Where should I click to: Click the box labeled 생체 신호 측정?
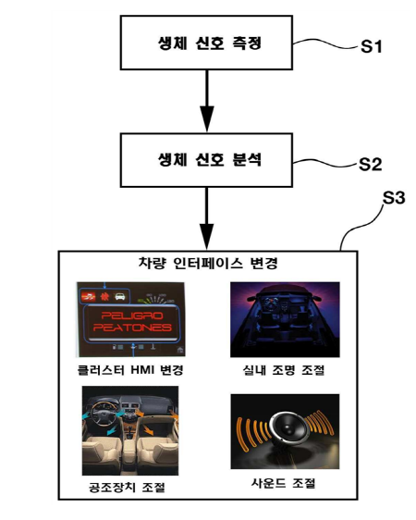click(206, 43)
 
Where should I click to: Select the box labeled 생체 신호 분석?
click(206, 160)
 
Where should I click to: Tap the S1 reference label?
click(371, 46)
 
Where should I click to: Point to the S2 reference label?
click(371, 164)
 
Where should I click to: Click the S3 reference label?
click(394, 198)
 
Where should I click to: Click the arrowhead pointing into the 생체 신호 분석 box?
click(207, 118)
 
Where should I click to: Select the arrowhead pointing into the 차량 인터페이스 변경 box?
click(207, 236)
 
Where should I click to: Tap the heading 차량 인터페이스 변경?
click(208, 264)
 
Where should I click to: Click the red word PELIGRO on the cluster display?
click(132, 316)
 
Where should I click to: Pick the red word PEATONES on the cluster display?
click(132, 328)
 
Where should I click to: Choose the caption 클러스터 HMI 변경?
click(130, 370)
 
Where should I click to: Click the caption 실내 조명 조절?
click(284, 370)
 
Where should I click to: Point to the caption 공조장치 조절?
click(127, 488)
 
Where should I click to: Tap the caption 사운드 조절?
click(284, 483)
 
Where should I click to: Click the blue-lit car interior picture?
click(285, 320)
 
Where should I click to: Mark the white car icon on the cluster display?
click(119, 296)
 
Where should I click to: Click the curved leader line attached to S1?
click(326, 43)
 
